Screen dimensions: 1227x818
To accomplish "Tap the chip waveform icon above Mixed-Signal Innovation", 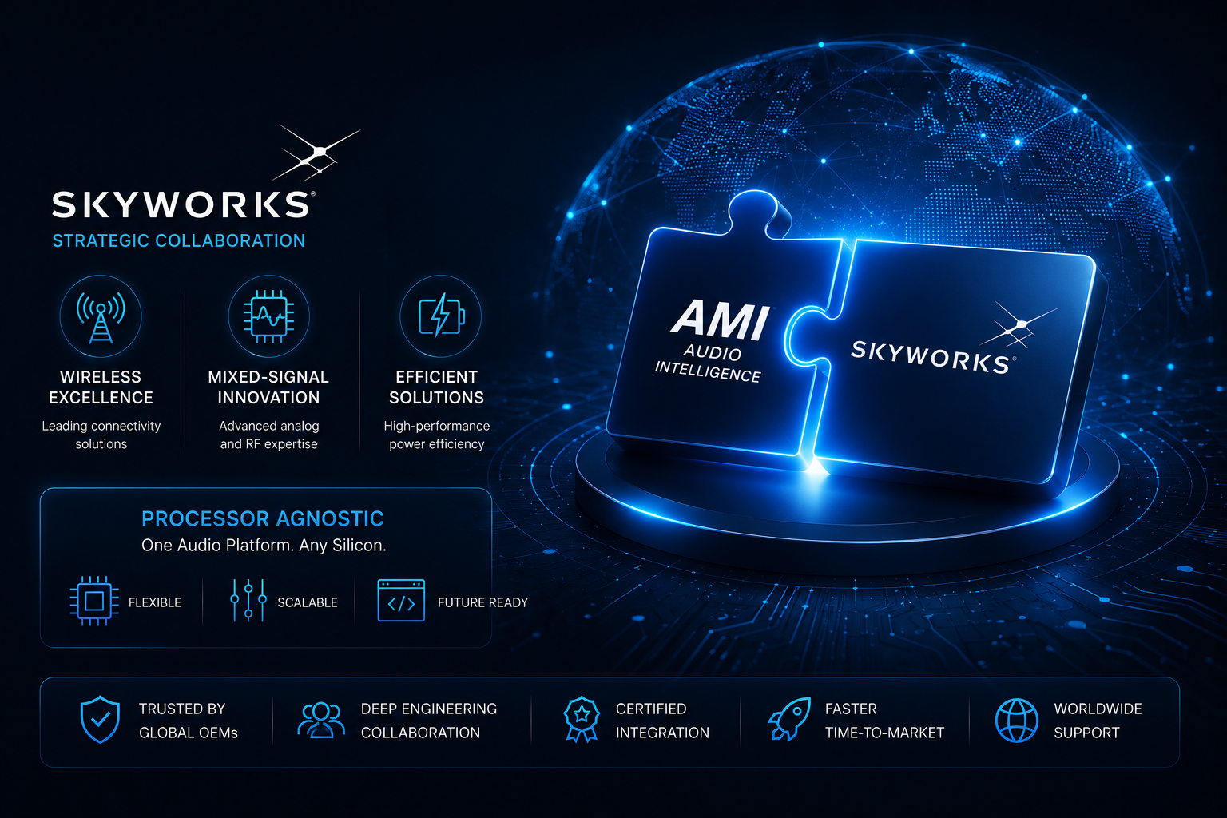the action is [268, 316].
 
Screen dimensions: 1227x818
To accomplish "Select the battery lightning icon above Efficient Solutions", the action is [442, 315].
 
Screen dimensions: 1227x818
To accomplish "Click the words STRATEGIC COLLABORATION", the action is [179, 240].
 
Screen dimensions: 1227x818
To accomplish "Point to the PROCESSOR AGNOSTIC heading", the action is [263, 518].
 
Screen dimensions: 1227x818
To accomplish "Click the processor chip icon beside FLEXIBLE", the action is [94, 601].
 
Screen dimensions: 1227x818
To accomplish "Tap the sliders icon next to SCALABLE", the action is [248, 601].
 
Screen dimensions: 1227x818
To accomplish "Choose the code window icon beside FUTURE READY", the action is [401, 601].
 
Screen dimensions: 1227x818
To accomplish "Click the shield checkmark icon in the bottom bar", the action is [100, 720].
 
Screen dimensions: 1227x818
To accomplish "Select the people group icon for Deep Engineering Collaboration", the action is [321, 720].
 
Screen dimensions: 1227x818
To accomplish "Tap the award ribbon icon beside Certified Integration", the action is [582, 720].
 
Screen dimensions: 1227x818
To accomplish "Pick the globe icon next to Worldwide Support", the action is [1017, 721].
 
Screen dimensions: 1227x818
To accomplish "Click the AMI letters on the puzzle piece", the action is [720, 320].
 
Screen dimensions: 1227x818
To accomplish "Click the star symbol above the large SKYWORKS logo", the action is [316, 153].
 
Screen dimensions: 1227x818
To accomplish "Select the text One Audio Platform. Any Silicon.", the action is [264, 545].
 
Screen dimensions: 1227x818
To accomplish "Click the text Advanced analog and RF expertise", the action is [268, 435].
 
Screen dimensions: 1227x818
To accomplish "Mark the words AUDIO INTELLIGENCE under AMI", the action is [709, 363].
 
